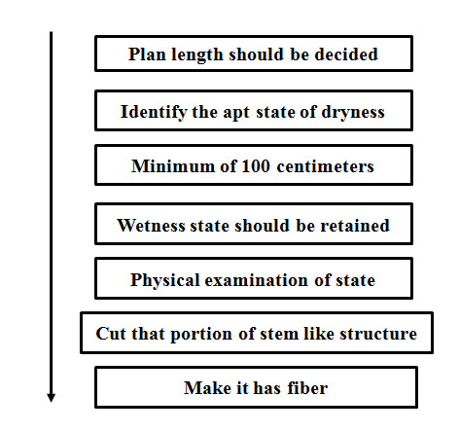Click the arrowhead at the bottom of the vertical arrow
(51, 398)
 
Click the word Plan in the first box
(147, 54)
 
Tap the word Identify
(154, 113)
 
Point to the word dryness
(353, 113)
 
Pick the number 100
(256, 166)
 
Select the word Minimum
(173, 166)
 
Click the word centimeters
(325, 166)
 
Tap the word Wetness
(151, 226)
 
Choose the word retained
(355, 226)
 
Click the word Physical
(164, 280)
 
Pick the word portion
(201, 335)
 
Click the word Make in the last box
(207, 388)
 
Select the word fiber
(307, 388)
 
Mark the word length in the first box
(197, 55)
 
